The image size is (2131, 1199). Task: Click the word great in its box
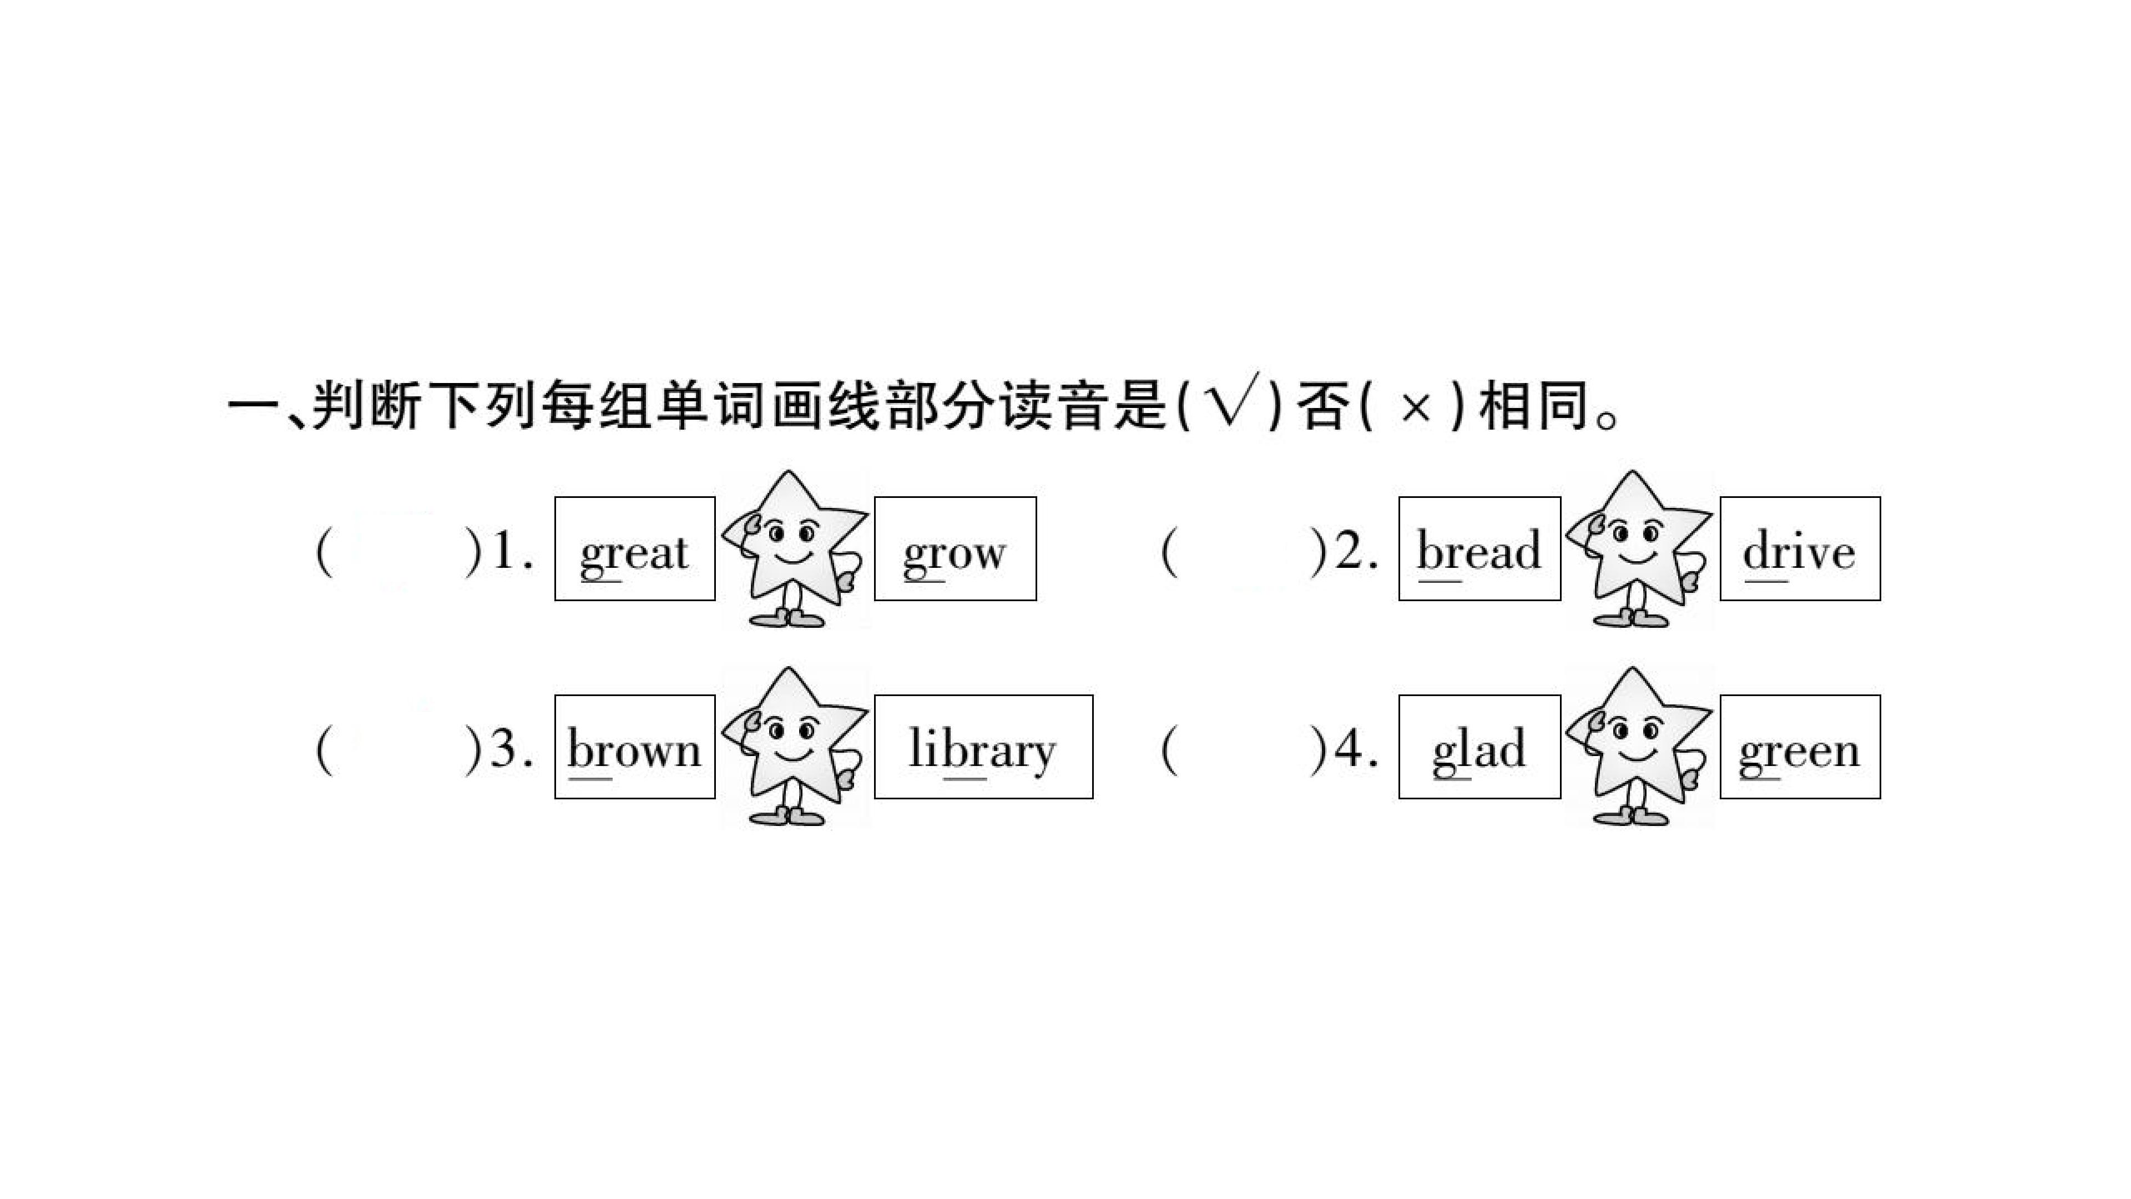[x=634, y=553]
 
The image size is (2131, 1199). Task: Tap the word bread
[x=1479, y=550]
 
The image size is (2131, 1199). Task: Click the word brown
[x=634, y=748]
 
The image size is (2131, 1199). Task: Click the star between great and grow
[x=794, y=548]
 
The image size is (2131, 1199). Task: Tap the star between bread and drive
[x=1639, y=548]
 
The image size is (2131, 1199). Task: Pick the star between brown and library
[x=794, y=745]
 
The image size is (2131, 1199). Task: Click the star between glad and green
[x=1639, y=745]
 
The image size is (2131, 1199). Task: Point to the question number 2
[x=1357, y=551]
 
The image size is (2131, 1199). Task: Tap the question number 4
[x=1357, y=749]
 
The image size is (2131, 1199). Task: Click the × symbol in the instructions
[x=1414, y=408]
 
